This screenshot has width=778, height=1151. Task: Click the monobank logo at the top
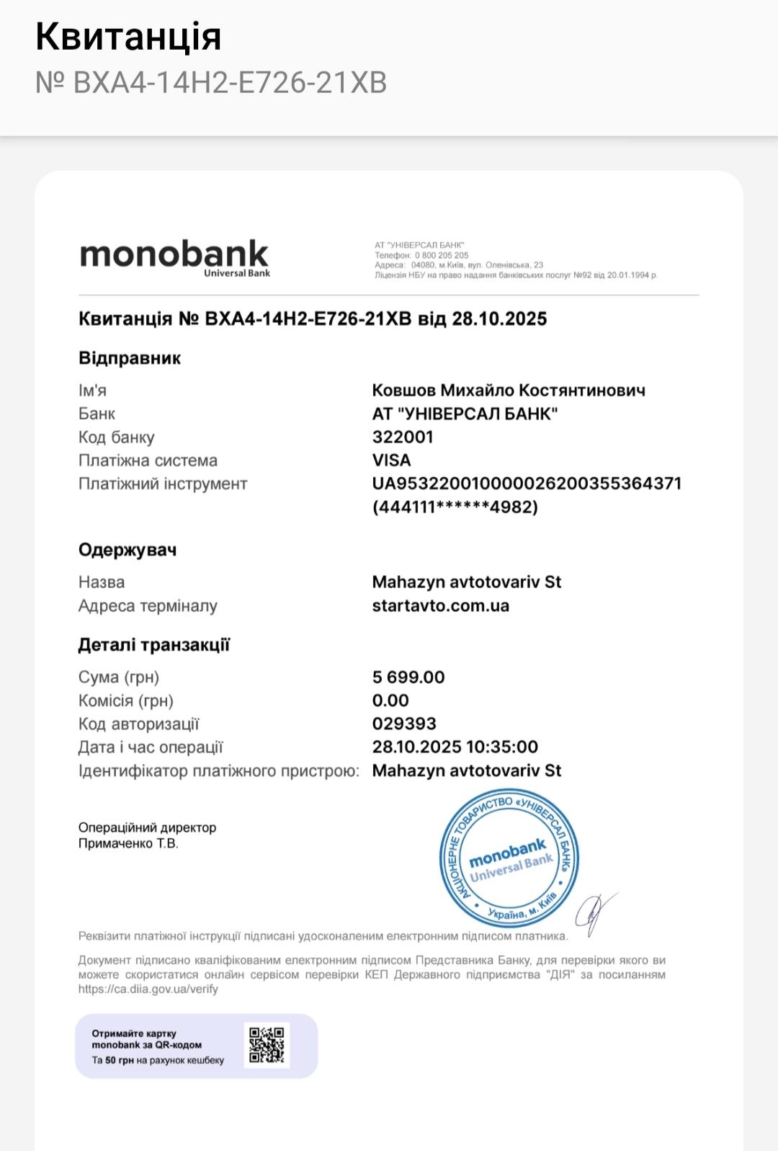tap(174, 256)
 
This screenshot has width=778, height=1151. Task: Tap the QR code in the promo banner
tap(267, 1045)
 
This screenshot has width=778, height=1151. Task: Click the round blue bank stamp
tap(509, 858)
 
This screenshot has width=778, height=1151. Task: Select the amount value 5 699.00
tap(408, 677)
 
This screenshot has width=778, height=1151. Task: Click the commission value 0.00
tap(390, 700)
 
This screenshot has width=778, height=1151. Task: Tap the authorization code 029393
tap(404, 723)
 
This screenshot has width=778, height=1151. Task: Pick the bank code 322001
tap(403, 437)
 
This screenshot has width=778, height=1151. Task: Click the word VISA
tap(391, 460)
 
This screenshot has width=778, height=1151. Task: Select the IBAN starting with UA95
tap(527, 483)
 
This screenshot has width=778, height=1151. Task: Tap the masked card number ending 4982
tap(455, 507)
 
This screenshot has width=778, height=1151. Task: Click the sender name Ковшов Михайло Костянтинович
tap(509, 390)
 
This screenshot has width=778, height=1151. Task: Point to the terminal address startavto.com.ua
tap(440, 605)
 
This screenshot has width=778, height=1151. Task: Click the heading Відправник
tap(130, 358)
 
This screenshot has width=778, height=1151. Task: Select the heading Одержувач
tap(128, 550)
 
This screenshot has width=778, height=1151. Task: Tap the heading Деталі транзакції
tap(154, 645)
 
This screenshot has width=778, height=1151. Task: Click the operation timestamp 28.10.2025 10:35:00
tap(455, 747)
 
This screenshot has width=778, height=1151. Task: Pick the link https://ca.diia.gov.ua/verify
tap(148, 989)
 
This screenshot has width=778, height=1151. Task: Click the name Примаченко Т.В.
tap(128, 843)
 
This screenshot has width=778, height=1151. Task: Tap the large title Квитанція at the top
tap(128, 36)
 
